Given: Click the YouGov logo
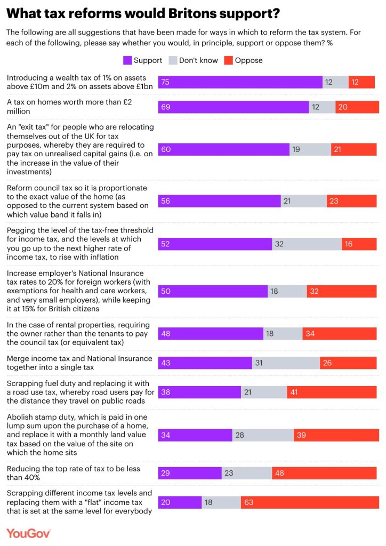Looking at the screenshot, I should [x=29, y=533].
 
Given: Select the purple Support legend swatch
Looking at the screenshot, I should [x=127, y=60].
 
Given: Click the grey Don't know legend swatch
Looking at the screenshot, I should [x=173, y=60].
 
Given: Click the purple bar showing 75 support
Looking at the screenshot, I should [x=240, y=82].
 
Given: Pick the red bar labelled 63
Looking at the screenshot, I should [x=310, y=502].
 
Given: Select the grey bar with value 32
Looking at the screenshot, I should [x=307, y=244].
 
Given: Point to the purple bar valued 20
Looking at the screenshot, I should [x=180, y=502].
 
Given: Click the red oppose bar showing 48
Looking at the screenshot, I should [x=325, y=473].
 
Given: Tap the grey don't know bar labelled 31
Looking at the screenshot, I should [x=286, y=363].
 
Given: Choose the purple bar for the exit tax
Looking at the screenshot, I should [x=224, y=149].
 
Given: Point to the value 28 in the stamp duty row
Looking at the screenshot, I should [x=240, y=435].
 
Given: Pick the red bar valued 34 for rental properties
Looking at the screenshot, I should [x=340, y=333].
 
